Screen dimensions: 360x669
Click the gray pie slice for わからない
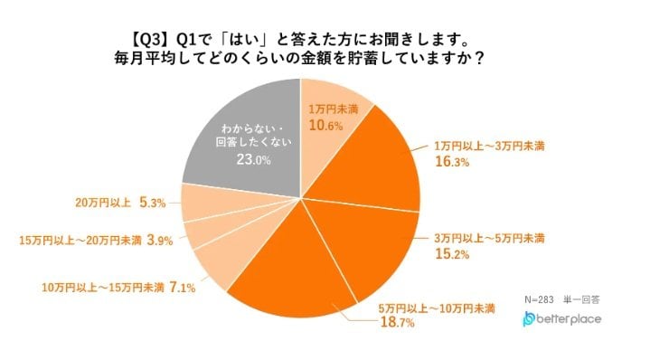tap(237, 136)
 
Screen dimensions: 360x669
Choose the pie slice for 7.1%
tap(217, 262)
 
